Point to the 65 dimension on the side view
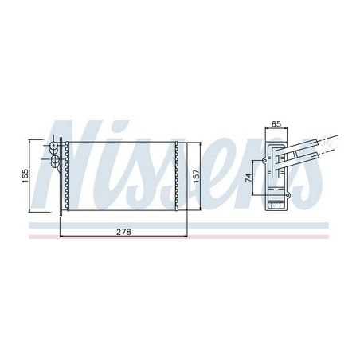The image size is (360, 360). pos(276,123)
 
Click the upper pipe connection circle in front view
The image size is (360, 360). pos(56,147)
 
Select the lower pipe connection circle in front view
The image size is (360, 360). pos(56,163)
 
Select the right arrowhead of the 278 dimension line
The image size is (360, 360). pos(185,237)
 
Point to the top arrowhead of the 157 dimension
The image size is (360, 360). pos(190,141)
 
